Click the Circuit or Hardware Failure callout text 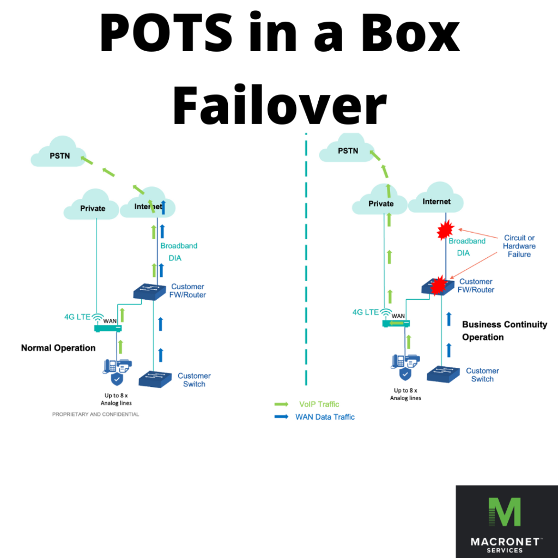[519, 246]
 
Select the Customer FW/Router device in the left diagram [150, 291]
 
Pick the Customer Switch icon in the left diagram [155, 378]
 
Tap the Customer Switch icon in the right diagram [443, 374]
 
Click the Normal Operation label [58, 348]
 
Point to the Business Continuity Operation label [504, 331]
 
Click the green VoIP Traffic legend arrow [282, 404]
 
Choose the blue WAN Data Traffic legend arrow [282, 417]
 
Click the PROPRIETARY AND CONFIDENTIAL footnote [95, 414]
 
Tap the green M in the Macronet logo [504, 512]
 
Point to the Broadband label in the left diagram [179, 246]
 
